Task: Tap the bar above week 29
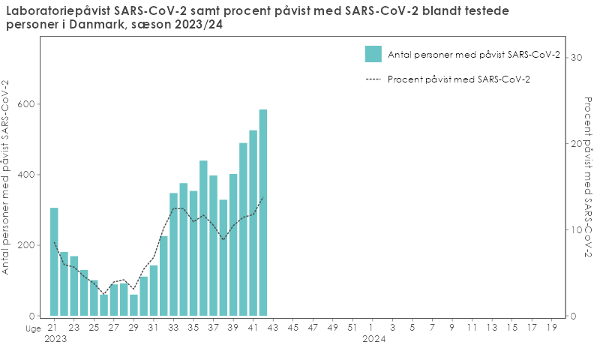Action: [133, 304]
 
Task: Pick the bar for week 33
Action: [173, 254]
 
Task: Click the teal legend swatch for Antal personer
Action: [373, 54]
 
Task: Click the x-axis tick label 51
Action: [352, 328]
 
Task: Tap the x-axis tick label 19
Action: [552, 328]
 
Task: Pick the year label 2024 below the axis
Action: [373, 339]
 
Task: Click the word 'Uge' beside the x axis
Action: [33, 328]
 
